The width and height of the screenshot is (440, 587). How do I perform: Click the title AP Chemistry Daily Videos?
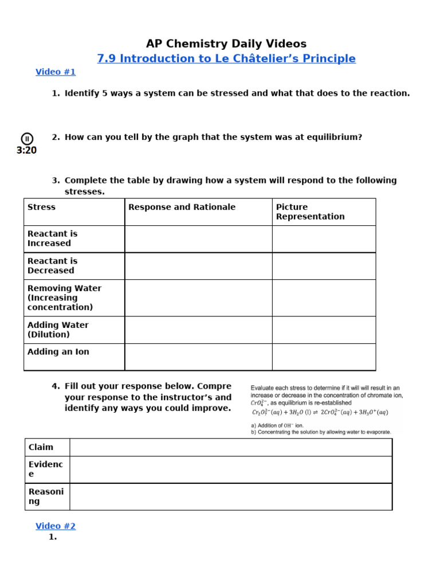(x=226, y=44)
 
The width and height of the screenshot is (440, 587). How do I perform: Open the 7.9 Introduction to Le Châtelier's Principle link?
(x=226, y=58)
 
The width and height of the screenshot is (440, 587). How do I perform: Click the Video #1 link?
(x=56, y=72)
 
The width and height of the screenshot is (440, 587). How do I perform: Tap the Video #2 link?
(x=56, y=526)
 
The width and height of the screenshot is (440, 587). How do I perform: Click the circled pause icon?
(x=27, y=138)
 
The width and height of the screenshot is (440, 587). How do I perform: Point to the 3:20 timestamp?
(x=27, y=150)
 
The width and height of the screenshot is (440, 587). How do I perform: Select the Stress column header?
(x=42, y=207)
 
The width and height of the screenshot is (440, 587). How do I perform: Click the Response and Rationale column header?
(x=182, y=207)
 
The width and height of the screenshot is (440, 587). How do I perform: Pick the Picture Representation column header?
(x=310, y=212)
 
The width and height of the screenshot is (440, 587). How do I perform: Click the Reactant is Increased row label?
(x=52, y=238)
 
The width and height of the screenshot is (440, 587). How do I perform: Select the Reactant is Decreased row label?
(x=52, y=265)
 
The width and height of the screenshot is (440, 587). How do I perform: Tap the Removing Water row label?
(x=64, y=298)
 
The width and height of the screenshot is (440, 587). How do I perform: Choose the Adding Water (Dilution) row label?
(x=58, y=330)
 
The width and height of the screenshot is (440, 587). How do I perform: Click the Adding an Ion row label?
(x=58, y=351)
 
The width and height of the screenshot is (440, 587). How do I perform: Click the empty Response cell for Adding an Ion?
(x=198, y=357)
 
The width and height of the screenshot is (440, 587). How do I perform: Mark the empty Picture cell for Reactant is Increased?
(x=324, y=239)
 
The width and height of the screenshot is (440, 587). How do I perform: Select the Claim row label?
(x=41, y=447)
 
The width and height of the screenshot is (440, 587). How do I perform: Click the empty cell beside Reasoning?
(x=231, y=496)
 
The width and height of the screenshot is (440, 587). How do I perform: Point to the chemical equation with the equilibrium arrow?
(x=320, y=412)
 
